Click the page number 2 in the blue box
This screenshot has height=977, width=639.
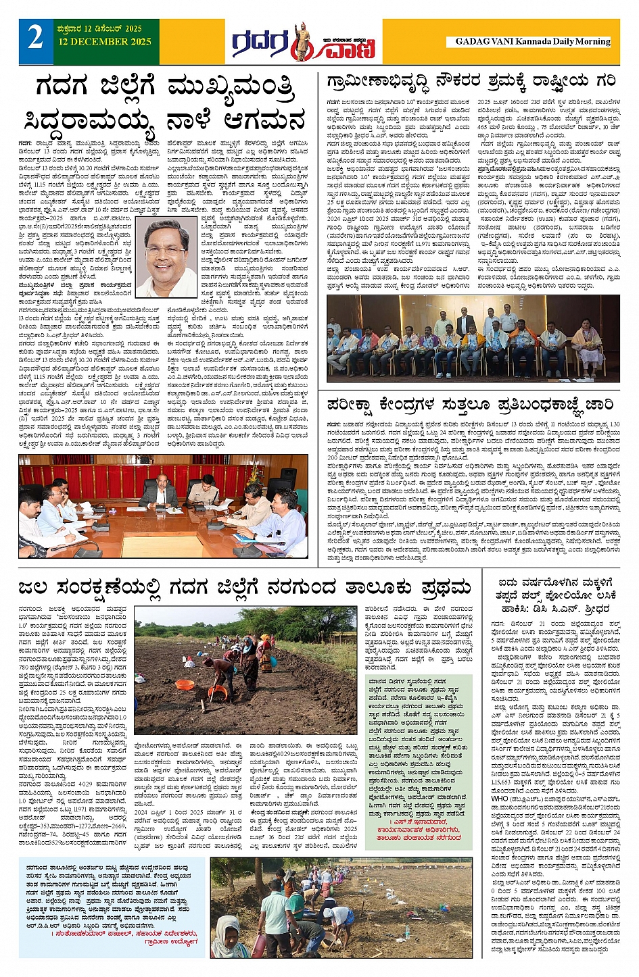(35, 38)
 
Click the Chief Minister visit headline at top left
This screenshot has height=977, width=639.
(166, 104)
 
